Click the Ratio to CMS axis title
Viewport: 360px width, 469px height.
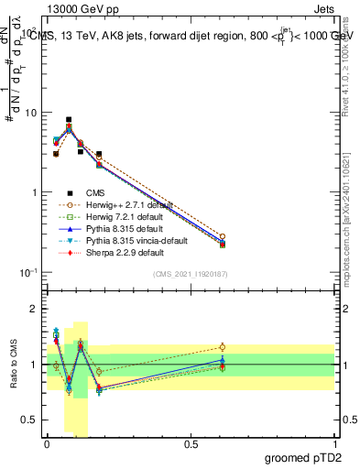[14, 364]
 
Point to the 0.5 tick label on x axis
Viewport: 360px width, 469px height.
[191, 444]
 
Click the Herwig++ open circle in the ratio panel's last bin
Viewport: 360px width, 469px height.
[223, 347]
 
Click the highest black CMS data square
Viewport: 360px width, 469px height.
[69, 119]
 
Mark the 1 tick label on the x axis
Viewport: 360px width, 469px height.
[335, 444]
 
